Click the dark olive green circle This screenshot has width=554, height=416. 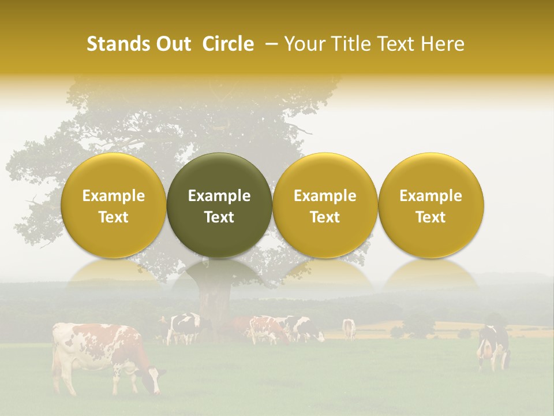(x=219, y=205)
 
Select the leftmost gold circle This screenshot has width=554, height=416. (x=114, y=205)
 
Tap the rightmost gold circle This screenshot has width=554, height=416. (x=431, y=205)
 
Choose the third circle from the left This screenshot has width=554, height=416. (x=325, y=205)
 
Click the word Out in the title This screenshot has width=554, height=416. (x=173, y=44)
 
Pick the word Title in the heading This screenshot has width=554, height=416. (x=352, y=44)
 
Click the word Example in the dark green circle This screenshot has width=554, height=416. (x=219, y=196)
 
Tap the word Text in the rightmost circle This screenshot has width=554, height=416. (x=431, y=217)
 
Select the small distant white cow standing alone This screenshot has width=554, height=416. (x=349, y=328)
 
